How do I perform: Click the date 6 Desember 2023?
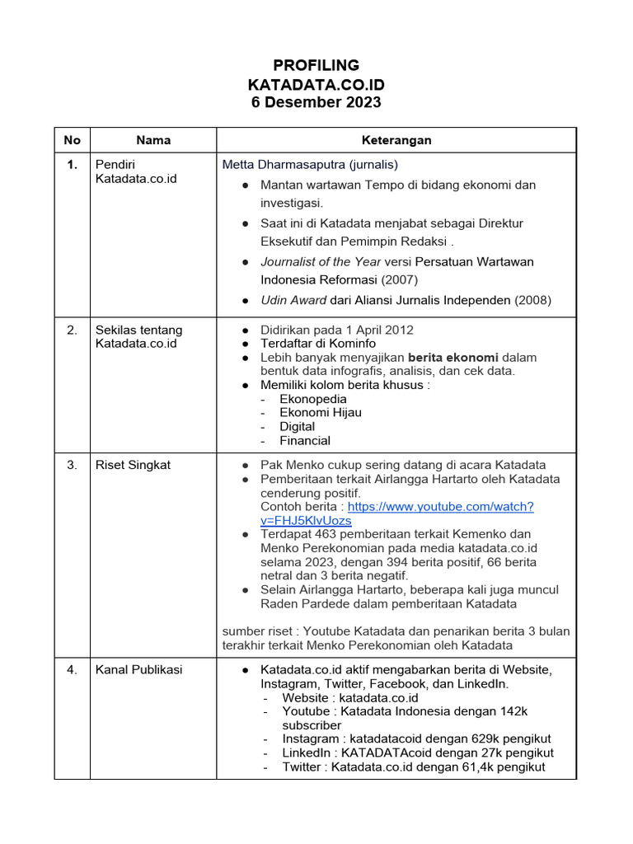pos(316,102)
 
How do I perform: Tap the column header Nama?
pos(153,140)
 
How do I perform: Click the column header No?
pos(73,140)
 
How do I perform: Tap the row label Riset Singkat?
pos(134,465)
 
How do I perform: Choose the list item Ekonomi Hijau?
pos(321,412)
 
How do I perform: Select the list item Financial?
pos(305,440)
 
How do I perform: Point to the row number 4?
pos(73,669)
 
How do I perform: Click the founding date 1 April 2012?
pos(371,330)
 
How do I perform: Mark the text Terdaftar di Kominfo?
pos(318,343)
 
